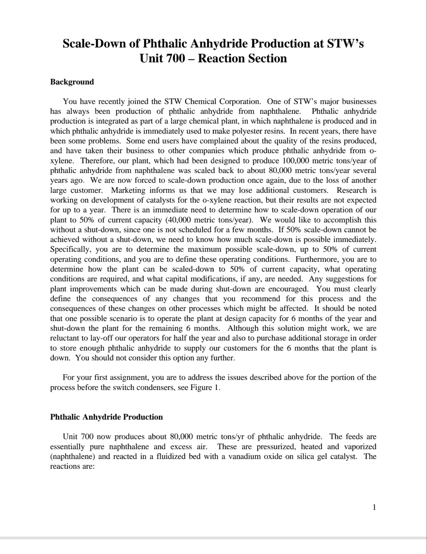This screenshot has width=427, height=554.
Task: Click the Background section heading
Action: click(x=72, y=82)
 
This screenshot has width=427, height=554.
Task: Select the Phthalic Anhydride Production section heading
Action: click(x=106, y=417)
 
